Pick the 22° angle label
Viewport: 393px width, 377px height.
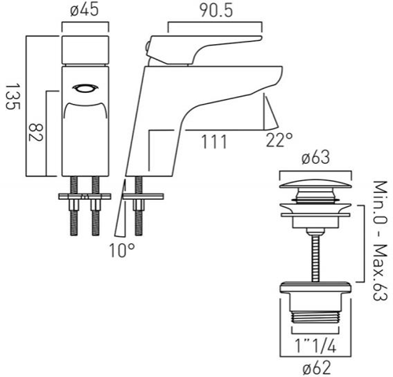(x=279, y=142)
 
